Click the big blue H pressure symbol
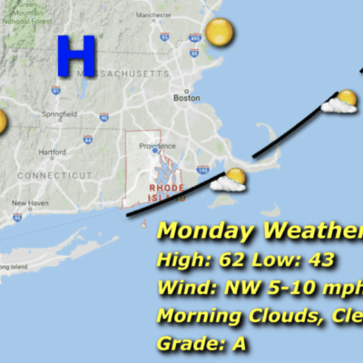[x=75, y=55]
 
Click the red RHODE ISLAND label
[x=166, y=190]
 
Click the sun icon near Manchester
[x=219, y=34]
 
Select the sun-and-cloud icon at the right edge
[x=341, y=102]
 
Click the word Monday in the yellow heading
[x=205, y=231]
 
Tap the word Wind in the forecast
[x=182, y=289]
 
